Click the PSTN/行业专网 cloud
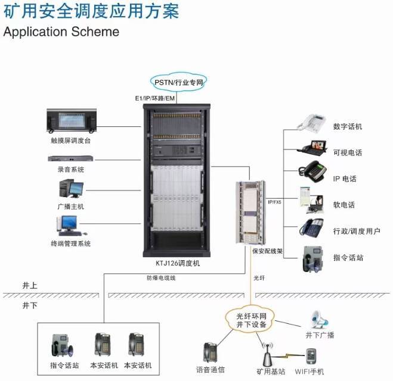[x=178, y=82]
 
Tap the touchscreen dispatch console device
[x=72, y=121]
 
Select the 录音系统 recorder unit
[x=71, y=158]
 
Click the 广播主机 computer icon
[x=71, y=189]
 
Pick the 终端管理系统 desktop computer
[x=70, y=226]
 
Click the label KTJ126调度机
[x=178, y=263]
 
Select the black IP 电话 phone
[x=312, y=171]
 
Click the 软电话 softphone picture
[x=311, y=200]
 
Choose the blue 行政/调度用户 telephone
[x=312, y=227]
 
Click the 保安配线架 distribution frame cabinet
[x=250, y=213]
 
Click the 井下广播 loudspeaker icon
[x=319, y=320]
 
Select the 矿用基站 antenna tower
[x=268, y=354]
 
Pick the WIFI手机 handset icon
[x=311, y=357]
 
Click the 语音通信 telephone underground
[x=210, y=352]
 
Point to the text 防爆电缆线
[x=161, y=277]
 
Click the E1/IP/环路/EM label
[x=155, y=98]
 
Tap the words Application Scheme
[x=61, y=32]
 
